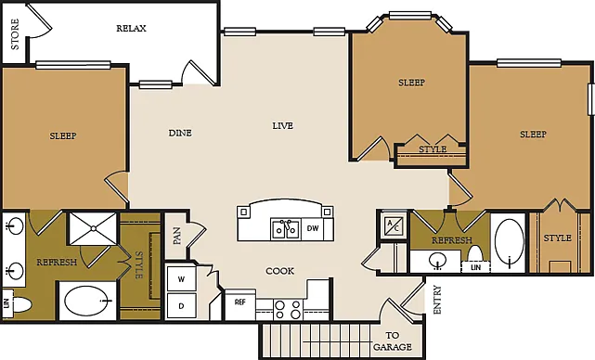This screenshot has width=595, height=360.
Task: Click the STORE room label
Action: pos(15,34)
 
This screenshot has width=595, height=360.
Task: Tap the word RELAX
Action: pos(131,29)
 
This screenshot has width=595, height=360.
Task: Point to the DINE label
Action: pos(180,133)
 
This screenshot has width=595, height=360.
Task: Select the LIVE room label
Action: pos(283,125)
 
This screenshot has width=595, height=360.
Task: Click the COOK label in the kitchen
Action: pos(280,271)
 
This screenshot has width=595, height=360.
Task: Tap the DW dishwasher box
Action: pos(313,228)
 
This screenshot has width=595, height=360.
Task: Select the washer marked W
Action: pos(181,279)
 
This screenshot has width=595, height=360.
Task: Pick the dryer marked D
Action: pos(181,306)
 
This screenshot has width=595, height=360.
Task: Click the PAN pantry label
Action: pos(177,236)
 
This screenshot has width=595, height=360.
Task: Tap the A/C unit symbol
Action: pos(393,225)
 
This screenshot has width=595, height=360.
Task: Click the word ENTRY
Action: pos(437,300)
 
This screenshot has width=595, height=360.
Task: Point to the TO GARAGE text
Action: pos(393,341)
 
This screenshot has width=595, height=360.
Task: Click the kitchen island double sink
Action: pos(286,229)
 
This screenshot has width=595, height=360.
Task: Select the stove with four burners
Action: pos(288,309)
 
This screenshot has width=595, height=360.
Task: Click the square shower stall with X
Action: pos(93,228)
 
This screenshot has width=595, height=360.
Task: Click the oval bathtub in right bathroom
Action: pos(510,242)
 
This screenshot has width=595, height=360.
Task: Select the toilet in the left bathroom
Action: pos(20,304)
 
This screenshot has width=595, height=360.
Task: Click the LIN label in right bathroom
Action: pos(475,267)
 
